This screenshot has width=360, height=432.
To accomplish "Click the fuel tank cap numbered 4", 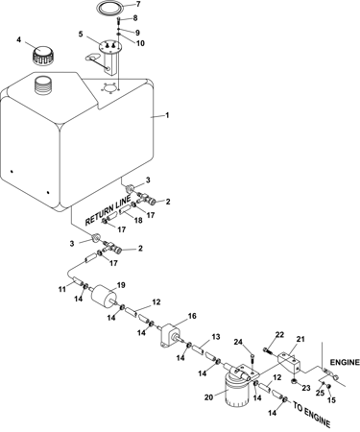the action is (44, 56).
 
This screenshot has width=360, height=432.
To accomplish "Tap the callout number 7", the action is (138, 4).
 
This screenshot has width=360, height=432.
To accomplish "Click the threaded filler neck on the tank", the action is (43, 85).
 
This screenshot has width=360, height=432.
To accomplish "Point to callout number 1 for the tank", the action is (167, 115).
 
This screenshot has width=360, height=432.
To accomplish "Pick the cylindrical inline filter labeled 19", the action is (103, 297).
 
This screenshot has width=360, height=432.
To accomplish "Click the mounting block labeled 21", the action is (290, 362).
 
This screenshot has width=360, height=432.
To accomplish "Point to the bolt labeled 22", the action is (267, 350).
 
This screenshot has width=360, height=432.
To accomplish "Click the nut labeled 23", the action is (294, 381).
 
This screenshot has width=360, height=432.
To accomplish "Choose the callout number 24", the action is (238, 342).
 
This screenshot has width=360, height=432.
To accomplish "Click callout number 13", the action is (216, 337).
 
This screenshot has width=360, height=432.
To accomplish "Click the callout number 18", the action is (138, 220).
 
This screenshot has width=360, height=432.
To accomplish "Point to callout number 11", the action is (61, 289).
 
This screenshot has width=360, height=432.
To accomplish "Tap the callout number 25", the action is (321, 393).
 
